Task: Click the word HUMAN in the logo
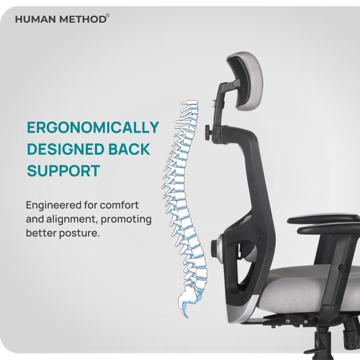point(33,19)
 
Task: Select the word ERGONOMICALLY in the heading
point(93,127)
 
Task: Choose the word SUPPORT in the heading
point(63,170)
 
